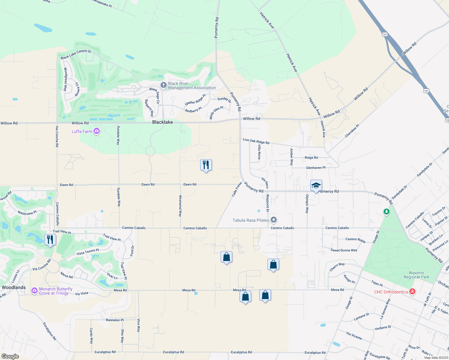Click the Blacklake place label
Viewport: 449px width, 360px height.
162,122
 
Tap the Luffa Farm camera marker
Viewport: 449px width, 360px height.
97,131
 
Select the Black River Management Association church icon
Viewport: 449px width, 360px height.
163,85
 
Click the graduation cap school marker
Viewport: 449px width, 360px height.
316,186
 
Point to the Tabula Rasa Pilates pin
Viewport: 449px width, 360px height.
274,220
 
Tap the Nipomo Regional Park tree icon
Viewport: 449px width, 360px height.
387,212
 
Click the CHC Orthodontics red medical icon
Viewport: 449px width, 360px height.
412,292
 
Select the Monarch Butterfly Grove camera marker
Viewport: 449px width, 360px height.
35,290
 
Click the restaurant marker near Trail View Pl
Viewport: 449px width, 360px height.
50,240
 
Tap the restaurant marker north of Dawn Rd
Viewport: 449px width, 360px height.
206,165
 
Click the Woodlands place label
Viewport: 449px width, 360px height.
14,287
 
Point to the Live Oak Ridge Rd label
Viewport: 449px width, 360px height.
256,141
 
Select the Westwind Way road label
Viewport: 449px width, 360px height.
180,206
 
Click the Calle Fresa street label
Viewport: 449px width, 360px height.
237,189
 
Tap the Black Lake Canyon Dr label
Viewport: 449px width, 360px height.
76,54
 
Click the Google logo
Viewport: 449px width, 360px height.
10,356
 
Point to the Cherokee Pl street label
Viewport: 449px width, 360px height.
352,131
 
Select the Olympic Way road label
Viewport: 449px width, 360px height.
307,204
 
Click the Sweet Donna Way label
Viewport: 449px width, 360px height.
344,250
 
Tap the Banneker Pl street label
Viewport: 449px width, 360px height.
115,320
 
